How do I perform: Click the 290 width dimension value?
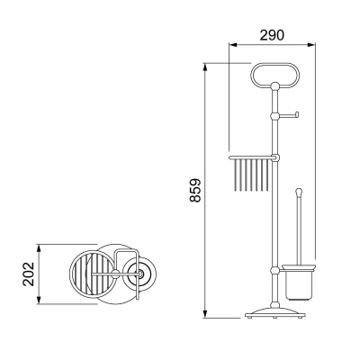pos(272,35)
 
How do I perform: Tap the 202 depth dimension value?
pos(29,274)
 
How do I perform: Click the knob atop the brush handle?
pos(299,191)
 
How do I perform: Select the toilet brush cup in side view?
pos(298,283)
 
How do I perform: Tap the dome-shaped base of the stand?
pos(275,312)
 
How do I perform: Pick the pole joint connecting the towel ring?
pos(274,86)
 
